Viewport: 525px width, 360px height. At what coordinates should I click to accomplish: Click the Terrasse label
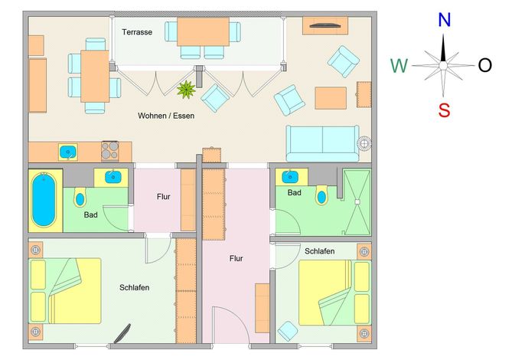(137, 32)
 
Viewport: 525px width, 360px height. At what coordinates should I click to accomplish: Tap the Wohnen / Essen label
(166, 116)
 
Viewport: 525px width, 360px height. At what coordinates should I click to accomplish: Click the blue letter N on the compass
(445, 20)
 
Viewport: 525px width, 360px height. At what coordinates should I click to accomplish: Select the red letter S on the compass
(444, 110)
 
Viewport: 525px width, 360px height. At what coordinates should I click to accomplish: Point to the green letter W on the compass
(399, 66)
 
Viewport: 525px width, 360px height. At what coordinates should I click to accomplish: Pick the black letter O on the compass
(485, 65)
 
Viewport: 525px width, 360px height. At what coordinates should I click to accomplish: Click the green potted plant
(186, 90)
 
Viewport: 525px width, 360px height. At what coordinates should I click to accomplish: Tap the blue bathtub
(44, 200)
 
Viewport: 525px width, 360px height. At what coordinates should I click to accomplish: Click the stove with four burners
(110, 150)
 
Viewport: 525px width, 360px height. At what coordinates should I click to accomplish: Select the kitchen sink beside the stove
(68, 152)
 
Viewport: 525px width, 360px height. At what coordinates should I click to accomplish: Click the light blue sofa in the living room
(322, 143)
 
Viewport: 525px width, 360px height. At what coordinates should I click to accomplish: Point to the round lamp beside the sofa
(364, 143)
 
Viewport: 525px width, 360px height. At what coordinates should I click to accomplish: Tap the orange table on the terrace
(203, 32)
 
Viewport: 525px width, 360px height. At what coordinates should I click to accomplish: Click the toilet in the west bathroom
(80, 198)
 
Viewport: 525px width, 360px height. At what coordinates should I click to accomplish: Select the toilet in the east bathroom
(321, 195)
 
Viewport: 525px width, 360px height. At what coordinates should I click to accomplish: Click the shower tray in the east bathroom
(357, 201)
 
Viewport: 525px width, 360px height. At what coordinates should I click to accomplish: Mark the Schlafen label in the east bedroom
(319, 251)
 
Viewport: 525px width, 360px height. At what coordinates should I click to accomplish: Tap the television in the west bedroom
(122, 334)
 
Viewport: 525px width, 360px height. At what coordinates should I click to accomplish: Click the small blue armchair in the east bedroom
(288, 331)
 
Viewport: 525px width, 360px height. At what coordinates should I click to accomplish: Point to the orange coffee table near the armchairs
(331, 98)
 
